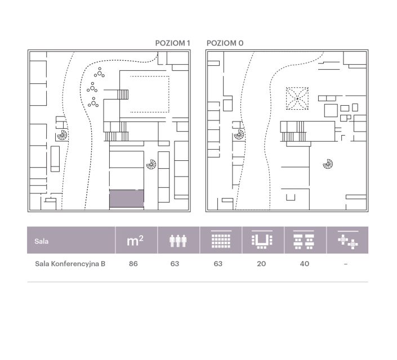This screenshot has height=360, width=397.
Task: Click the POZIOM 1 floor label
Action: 172,43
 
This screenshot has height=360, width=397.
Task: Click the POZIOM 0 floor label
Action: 225,43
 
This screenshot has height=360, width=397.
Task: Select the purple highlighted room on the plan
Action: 127,199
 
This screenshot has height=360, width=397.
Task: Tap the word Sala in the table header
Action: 41,241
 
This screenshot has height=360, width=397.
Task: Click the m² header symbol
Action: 135,240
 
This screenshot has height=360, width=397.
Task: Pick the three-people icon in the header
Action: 178,241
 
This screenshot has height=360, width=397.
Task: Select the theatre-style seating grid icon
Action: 221,240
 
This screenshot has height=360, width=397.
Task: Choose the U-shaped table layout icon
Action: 262,240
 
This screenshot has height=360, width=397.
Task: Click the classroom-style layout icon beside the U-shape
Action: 304,240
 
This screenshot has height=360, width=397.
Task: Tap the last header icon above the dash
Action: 348,240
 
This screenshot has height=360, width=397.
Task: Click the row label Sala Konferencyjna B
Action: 70,264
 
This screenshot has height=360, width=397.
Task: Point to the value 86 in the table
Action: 133,264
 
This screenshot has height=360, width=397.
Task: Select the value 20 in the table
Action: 261,264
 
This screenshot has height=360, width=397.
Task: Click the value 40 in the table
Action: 304,264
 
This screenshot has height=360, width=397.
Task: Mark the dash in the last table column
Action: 346,264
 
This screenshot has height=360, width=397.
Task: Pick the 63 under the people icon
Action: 175,264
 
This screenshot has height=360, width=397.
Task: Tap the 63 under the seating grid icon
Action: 218,264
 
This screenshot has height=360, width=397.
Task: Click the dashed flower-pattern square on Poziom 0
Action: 297,98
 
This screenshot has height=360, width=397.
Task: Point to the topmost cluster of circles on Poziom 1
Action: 99,73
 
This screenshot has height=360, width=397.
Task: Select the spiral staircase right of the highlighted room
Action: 151,164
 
